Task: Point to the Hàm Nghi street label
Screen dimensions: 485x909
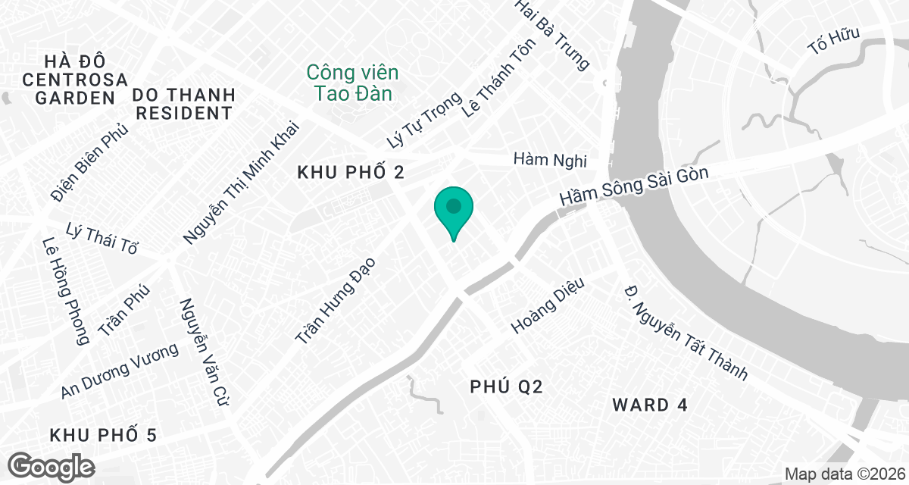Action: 550,160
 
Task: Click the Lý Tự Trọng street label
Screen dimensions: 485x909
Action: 423,120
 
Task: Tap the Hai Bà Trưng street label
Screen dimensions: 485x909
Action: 551,36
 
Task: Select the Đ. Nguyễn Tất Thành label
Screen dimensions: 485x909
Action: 686,332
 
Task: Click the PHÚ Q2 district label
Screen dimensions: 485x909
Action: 506,387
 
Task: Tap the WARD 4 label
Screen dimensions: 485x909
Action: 649,405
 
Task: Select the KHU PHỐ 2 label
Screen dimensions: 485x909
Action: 351,174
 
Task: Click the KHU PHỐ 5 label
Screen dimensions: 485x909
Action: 103,435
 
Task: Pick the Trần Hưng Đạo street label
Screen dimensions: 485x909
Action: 338,302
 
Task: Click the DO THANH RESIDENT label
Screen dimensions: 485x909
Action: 183,105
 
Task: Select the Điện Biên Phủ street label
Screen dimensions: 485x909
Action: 89,163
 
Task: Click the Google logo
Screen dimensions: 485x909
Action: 52,465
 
